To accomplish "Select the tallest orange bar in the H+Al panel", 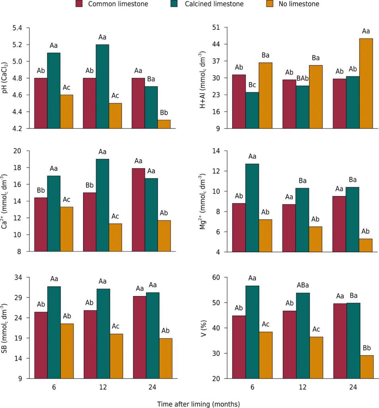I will (366, 83).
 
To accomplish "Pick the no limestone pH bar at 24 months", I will (163, 124).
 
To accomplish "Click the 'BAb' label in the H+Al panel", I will (302, 78).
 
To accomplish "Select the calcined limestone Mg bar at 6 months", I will (252, 208).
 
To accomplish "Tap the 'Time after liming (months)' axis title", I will (198, 404).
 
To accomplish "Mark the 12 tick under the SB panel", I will (103, 387).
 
